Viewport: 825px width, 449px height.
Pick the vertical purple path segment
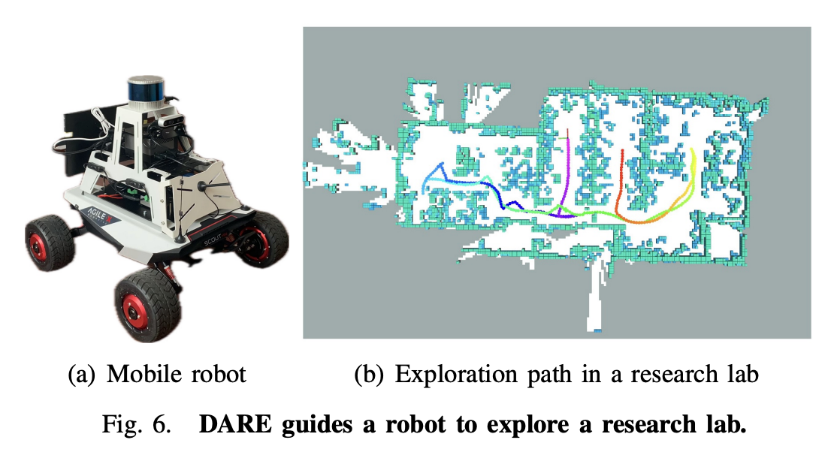point(570,165)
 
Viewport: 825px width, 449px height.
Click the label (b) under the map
point(367,374)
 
